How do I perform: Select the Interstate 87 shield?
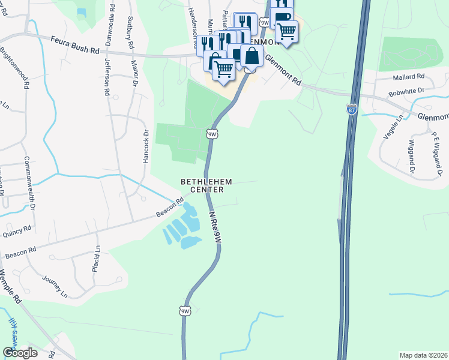click(352, 109)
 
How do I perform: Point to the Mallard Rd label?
click(408, 77)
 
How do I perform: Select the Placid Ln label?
click(97, 259)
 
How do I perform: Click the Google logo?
click(20, 352)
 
